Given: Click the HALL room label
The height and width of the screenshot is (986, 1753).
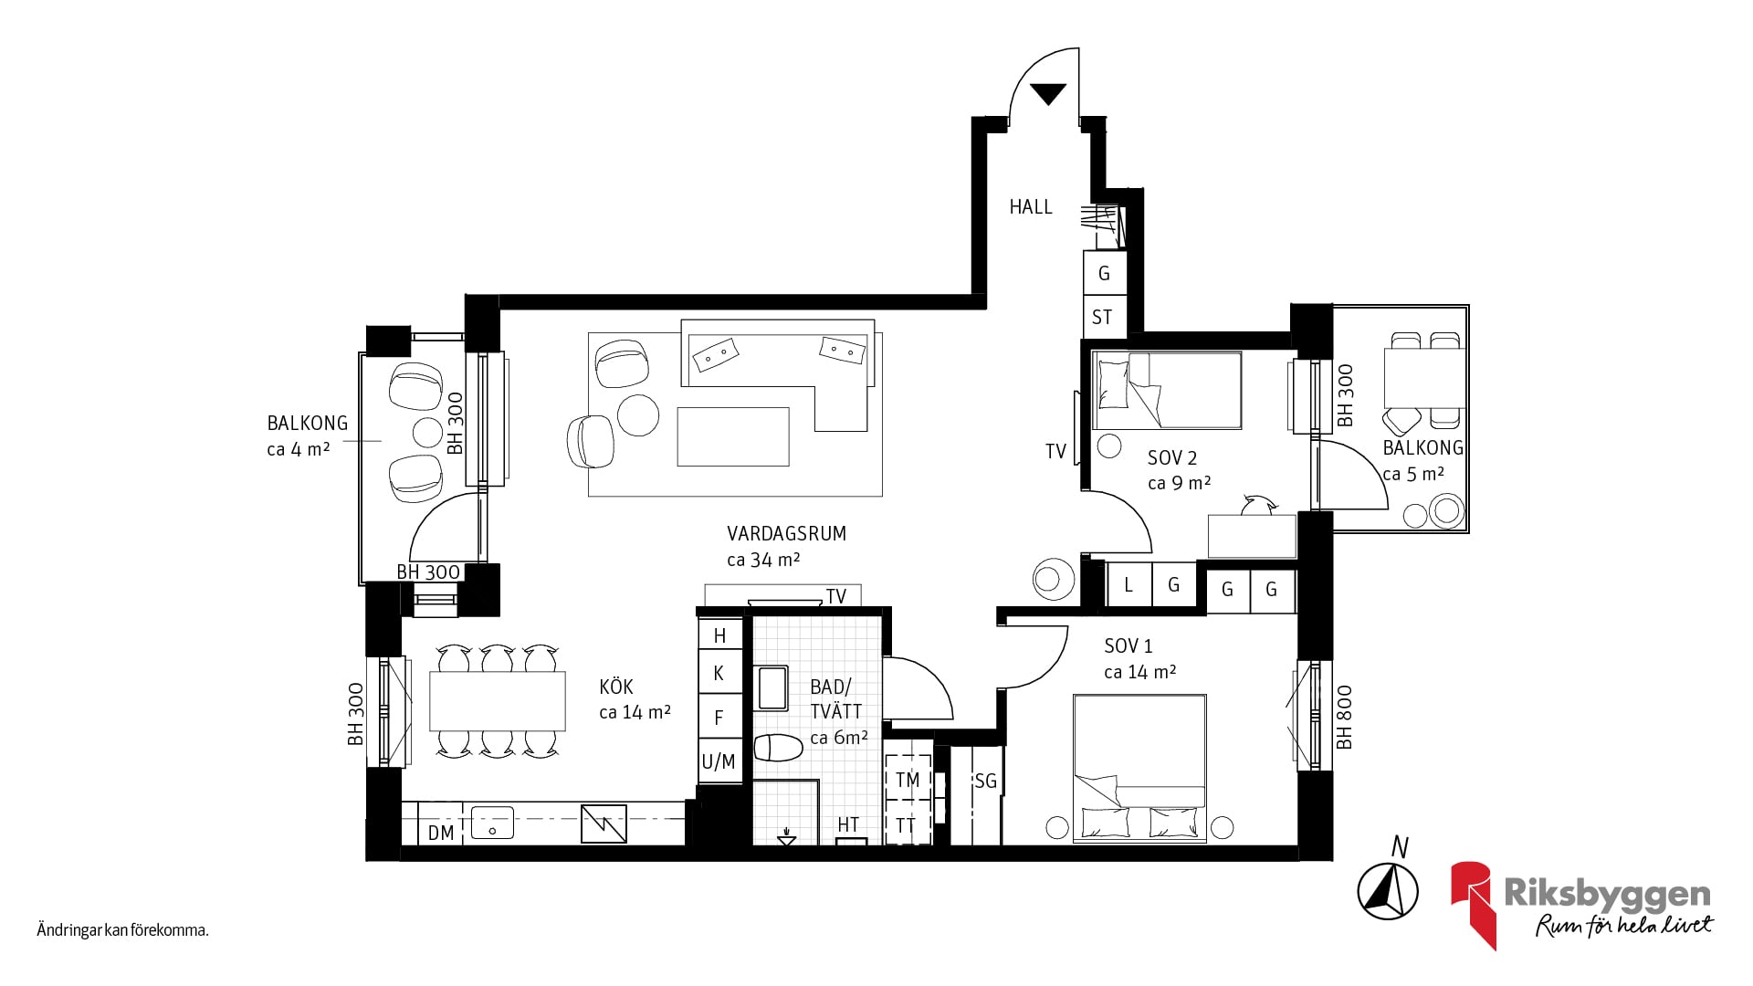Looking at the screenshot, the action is point(1031,207).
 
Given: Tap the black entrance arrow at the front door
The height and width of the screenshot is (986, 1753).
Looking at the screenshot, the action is point(1047,93).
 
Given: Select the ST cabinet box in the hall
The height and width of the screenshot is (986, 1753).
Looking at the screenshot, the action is point(1103,317).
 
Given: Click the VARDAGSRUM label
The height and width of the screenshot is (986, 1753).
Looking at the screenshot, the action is point(786,533).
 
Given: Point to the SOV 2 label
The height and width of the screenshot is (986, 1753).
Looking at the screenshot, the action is point(1172,458).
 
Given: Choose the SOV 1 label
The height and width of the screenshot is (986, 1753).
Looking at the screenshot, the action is point(1128,646).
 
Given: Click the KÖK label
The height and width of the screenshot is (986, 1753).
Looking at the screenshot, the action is point(616,687).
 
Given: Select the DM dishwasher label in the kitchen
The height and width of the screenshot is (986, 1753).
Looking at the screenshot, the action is point(441,833).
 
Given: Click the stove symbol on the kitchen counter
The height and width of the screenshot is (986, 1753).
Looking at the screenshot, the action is point(604,823).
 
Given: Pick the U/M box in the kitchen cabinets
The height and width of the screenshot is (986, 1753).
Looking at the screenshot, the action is point(719,761).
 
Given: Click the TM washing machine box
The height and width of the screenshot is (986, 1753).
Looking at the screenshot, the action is point(908,779).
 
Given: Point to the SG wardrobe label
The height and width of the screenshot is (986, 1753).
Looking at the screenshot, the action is point(985,781).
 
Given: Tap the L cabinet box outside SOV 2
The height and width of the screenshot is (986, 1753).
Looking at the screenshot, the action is point(1128,584).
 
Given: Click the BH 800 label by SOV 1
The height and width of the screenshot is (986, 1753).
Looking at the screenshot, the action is point(1344,717).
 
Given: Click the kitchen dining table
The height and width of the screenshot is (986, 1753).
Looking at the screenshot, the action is point(498,701).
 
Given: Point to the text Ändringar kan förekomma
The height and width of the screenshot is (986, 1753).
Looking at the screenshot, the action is point(123,931).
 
